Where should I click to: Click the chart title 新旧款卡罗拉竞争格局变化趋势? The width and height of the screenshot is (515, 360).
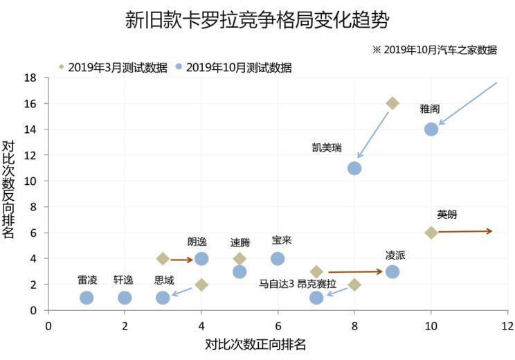(x=257, y=19)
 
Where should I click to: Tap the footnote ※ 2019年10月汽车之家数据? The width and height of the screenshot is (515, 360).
(x=435, y=50)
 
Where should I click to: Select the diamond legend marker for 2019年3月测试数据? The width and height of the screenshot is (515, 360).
(x=61, y=67)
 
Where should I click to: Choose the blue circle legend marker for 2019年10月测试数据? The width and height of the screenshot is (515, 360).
(x=179, y=67)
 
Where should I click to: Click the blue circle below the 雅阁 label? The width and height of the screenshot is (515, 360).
(x=431, y=129)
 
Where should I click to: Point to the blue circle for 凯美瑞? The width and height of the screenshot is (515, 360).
(x=354, y=168)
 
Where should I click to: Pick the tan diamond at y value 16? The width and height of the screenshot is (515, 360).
(x=392, y=103)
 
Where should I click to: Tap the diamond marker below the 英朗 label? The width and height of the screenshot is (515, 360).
(x=431, y=233)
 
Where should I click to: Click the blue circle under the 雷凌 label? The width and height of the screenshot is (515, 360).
(x=87, y=298)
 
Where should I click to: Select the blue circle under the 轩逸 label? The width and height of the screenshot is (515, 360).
(x=125, y=298)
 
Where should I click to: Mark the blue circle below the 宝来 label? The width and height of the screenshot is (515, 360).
(x=278, y=258)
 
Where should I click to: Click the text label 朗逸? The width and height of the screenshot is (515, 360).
(x=197, y=242)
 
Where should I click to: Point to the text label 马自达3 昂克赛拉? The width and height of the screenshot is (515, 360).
(x=297, y=283)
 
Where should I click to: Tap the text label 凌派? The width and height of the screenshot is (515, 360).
(x=395, y=255)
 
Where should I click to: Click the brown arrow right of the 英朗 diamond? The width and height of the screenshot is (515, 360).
(x=465, y=231)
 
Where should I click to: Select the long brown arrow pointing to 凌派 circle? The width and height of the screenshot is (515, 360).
(x=355, y=272)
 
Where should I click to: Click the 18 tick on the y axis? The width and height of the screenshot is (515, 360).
(x=30, y=77)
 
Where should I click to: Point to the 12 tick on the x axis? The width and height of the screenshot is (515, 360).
(x=507, y=325)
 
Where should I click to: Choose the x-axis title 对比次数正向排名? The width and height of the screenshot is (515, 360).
(x=255, y=344)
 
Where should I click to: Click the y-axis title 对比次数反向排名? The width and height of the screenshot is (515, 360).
(x=9, y=189)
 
